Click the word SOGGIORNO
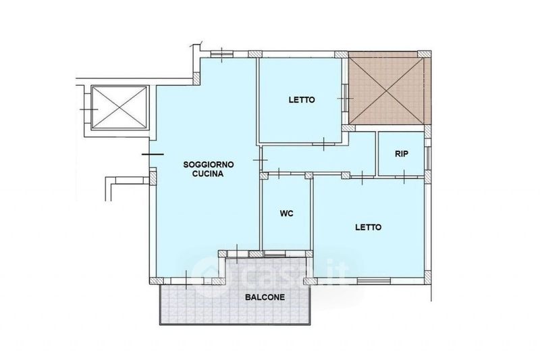tap(209, 165)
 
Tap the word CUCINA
tap(208, 174)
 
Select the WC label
tap(286, 213)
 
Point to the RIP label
tap(402, 154)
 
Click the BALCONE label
tap(265, 297)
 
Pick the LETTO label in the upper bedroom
tap(302, 100)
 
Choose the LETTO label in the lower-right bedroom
tap(369, 228)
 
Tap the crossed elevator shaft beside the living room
tap(119, 107)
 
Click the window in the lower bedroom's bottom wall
tap(374, 280)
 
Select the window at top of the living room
tap(222, 54)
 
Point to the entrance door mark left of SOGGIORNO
tap(153, 154)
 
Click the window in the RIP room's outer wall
tap(427, 158)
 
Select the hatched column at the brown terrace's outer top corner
tap(425, 54)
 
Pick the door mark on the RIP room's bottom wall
tap(404, 176)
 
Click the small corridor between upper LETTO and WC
tap(319, 159)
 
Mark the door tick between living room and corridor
tap(261, 161)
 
